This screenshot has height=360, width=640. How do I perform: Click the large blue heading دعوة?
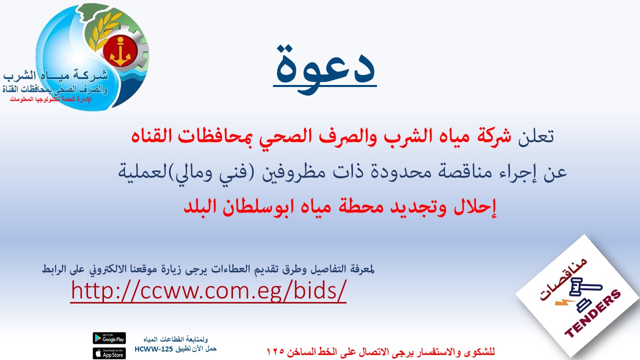pos(325,68)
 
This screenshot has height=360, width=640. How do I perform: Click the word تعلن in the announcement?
pos(536,136)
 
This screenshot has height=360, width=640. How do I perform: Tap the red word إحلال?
pos(474,207)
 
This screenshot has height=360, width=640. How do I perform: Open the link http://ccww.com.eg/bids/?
pos(208,290)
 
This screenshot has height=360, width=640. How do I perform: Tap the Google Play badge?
pos(109,338)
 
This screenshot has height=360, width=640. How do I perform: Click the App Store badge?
pos(109,353)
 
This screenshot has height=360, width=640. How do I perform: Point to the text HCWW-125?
pos(153,349)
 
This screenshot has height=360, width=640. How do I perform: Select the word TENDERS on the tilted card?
pos(593,313)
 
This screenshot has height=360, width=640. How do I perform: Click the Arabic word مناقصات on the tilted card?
pos(562,279)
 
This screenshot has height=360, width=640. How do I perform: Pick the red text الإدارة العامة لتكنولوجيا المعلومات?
pos(51,99)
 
